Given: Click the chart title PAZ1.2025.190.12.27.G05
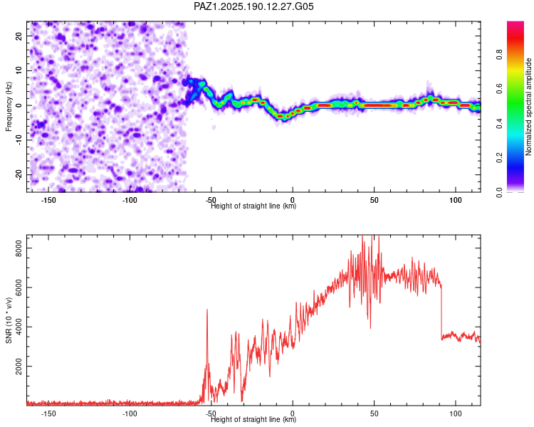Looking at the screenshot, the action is tap(253, 6).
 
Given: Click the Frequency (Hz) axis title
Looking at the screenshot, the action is tap(9, 107).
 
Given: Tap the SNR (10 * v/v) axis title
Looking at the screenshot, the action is tap(9, 320).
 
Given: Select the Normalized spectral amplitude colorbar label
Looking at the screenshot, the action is tap(528, 107).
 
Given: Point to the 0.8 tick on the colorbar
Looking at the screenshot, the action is tap(500, 55).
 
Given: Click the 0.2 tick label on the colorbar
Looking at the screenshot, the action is tap(500, 158).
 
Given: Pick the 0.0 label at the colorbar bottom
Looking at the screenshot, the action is tap(500, 192).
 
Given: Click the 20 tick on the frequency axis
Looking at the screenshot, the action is tap(19, 36).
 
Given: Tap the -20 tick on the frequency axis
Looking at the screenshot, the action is tap(19, 174).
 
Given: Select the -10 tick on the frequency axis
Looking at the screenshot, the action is tap(19, 140).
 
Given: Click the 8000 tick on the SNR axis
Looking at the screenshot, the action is tap(19, 248).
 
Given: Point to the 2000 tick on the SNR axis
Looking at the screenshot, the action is tap(19, 366).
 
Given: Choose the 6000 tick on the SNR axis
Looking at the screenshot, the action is tap(19, 288).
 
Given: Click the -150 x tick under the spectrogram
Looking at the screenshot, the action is tap(48, 200).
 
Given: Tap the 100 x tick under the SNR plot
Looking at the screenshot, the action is tap(456, 413).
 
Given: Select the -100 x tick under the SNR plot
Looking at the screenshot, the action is tap(130, 413).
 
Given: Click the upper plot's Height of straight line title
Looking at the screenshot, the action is tap(253, 206).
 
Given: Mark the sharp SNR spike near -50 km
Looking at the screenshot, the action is tap(207, 310).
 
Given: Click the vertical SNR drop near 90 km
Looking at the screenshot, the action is tap(441, 312).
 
